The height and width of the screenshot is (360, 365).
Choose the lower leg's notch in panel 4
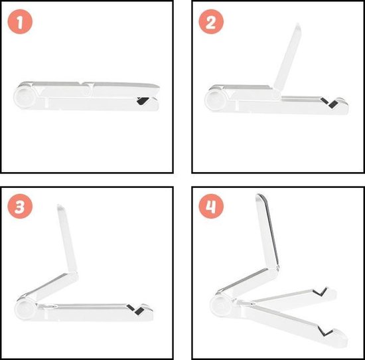(x=327, y=330)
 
